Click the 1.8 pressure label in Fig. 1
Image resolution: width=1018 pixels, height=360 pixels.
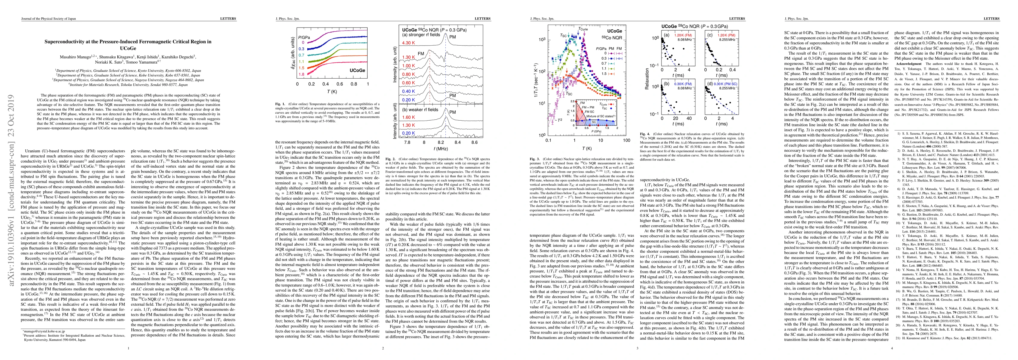pos(302,74)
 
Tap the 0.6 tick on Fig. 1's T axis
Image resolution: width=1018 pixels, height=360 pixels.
pos(339,84)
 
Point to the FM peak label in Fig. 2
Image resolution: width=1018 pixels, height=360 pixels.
pos(421,53)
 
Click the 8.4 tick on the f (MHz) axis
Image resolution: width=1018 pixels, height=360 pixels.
pos(458,142)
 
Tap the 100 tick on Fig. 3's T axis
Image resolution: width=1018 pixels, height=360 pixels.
pos(626,140)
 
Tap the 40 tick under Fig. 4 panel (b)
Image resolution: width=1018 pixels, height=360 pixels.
pos(689,118)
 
